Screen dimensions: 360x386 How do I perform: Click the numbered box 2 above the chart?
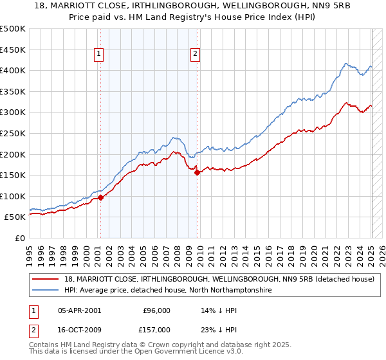click(194, 55)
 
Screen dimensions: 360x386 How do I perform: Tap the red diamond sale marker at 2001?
click(101, 197)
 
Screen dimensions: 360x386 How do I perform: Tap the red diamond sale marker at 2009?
click(198, 172)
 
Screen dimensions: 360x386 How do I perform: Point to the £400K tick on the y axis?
click(14, 70)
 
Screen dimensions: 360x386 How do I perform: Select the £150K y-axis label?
click(14, 175)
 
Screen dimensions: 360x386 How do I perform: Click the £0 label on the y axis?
click(20, 238)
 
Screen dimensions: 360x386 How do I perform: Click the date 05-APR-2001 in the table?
click(79, 309)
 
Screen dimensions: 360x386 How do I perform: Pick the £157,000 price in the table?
click(156, 330)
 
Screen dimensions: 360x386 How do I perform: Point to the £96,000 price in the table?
click(156, 309)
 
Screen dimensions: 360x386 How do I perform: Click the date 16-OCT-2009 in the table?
click(79, 330)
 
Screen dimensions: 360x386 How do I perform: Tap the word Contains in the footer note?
click(45, 346)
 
